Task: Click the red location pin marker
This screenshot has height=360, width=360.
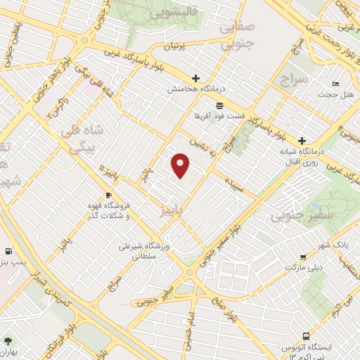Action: tap(181, 165)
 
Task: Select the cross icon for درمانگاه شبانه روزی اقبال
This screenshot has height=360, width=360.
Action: tap(302, 140)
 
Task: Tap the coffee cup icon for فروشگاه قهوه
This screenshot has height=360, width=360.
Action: tap(108, 195)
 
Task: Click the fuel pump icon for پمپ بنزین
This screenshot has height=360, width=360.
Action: tap(8, 250)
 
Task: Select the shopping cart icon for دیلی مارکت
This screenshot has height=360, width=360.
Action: tap(302, 257)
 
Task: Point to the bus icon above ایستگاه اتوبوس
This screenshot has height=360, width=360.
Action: tap(304, 336)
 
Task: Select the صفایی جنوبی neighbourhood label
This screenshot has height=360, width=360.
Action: tap(236, 36)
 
